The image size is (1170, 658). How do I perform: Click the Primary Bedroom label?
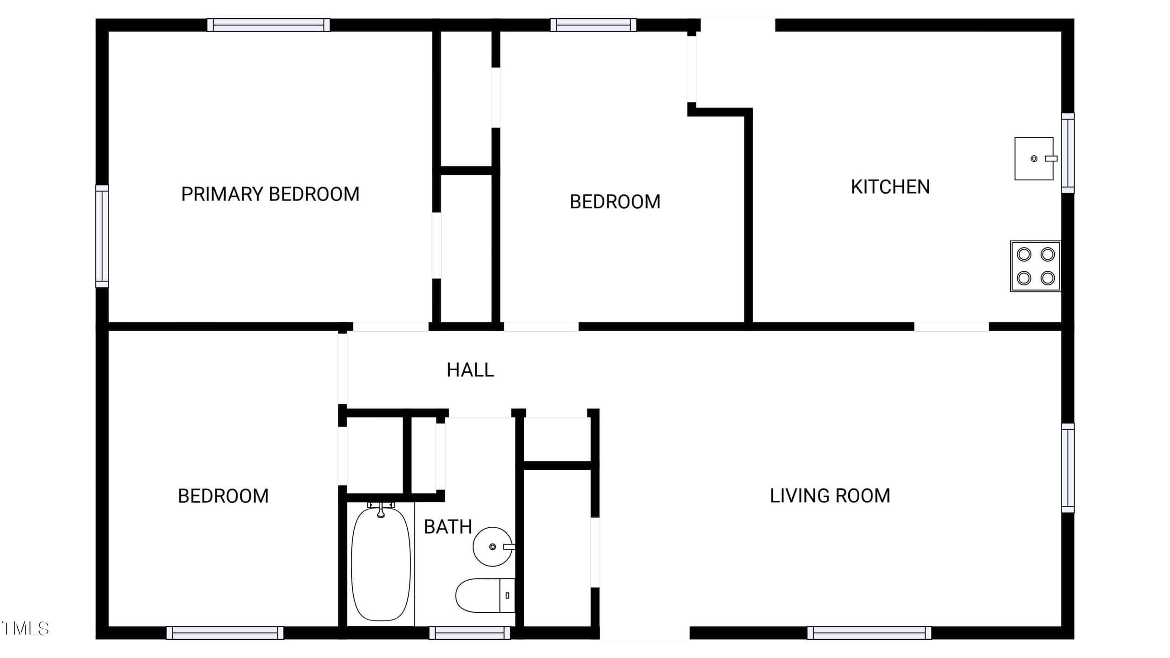(270, 194)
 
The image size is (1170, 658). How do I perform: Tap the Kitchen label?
(890, 187)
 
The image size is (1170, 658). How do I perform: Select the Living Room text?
(830, 496)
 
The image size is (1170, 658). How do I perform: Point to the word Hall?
(470, 370)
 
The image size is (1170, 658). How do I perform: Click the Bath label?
(448, 527)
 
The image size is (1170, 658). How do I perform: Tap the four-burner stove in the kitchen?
(1035, 266)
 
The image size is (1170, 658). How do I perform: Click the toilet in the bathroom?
(485, 595)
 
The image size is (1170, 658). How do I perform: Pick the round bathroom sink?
(494, 547)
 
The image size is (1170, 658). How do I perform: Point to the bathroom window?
(469, 633)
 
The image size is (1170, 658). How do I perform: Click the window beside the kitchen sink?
(1068, 153)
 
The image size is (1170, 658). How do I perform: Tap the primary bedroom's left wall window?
(102, 236)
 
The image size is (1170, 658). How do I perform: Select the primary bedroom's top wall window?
(269, 25)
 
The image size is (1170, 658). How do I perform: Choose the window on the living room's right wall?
(1068, 468)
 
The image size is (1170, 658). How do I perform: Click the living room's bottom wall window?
(869, 633)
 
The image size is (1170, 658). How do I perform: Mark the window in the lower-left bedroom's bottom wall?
(225, 633)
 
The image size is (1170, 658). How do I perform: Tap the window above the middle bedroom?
(593, 25)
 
